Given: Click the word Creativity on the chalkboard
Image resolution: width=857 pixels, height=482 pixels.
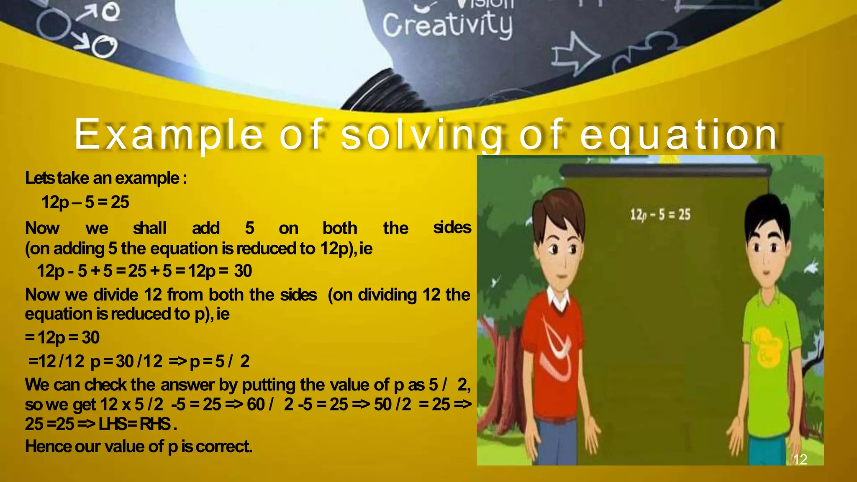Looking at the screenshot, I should [x=447, y=25].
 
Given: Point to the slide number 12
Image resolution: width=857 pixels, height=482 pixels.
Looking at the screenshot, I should [x=800, y=459].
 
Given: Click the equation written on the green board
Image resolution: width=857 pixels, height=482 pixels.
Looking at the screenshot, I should [x=660, y=215].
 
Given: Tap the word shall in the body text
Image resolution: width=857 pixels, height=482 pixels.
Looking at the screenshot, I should [x=149, y=228].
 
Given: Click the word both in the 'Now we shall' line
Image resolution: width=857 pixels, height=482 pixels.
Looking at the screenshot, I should [x=339, y=228].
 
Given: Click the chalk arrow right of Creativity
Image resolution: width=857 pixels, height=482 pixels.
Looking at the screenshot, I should [x=575, y=56].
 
